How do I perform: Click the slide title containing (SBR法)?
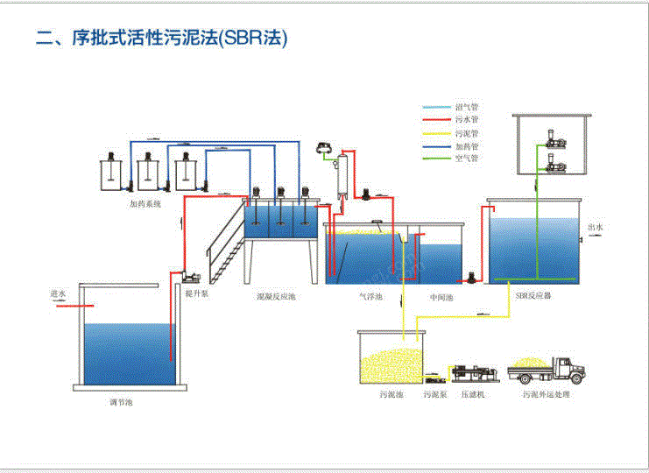pyautogui.click(x=161, y=38)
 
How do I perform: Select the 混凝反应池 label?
pyautogui.click(x=276, y=297)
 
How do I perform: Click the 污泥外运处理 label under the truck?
pyautogui.click(x=546, y=395)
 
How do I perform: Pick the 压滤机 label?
pyautogui.click(x=473, y=395)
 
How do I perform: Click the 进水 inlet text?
pyautogui.click(x=59, y=295)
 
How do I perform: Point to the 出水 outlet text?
pyautogui.click(x=596, y=227)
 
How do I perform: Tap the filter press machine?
pyautogui.click(x=474, y=372)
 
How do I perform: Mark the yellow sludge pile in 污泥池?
pyautogui.click(x=391, y=363)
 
